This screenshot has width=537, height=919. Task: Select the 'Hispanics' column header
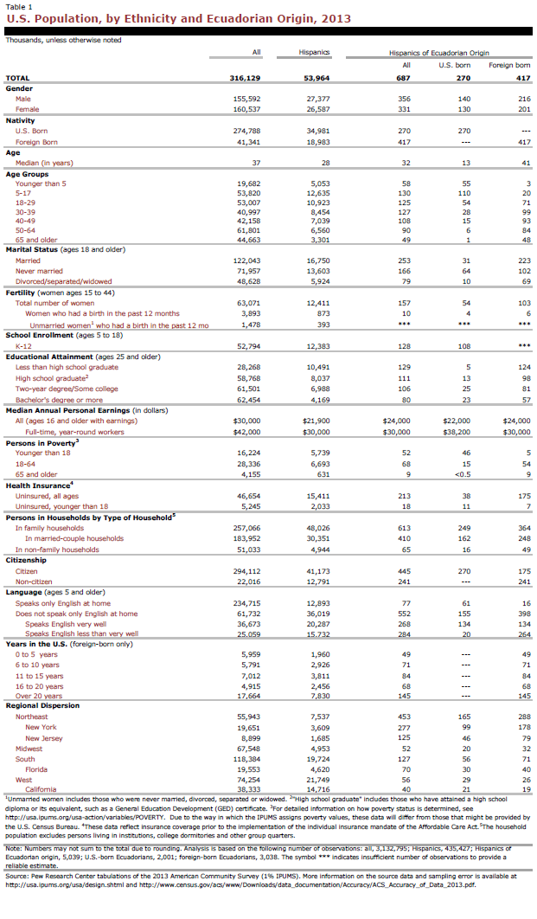[x=314, y=53]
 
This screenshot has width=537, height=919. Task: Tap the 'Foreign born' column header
[x=509, y=65]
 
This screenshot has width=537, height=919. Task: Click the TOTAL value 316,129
[x=245, y=78]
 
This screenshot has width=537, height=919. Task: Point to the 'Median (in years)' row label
[x=44, y=163]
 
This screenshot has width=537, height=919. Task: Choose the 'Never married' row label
[x=39, y=272]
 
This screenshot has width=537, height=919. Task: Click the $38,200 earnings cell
[x=446, y=408]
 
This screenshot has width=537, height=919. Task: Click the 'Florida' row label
[x=36, y=769]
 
